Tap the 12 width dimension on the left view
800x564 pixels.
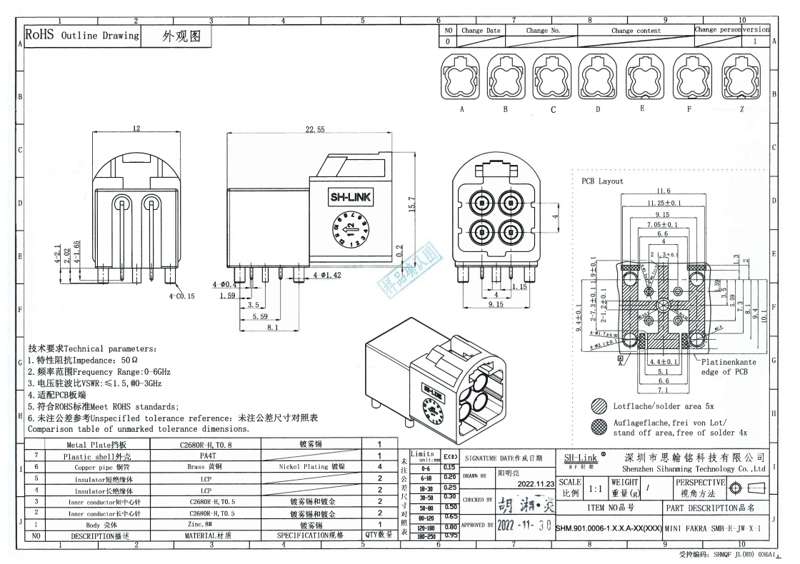136,129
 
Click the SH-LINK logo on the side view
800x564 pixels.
350,198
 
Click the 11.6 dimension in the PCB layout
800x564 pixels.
663,191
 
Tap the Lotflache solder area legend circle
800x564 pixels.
599,406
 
